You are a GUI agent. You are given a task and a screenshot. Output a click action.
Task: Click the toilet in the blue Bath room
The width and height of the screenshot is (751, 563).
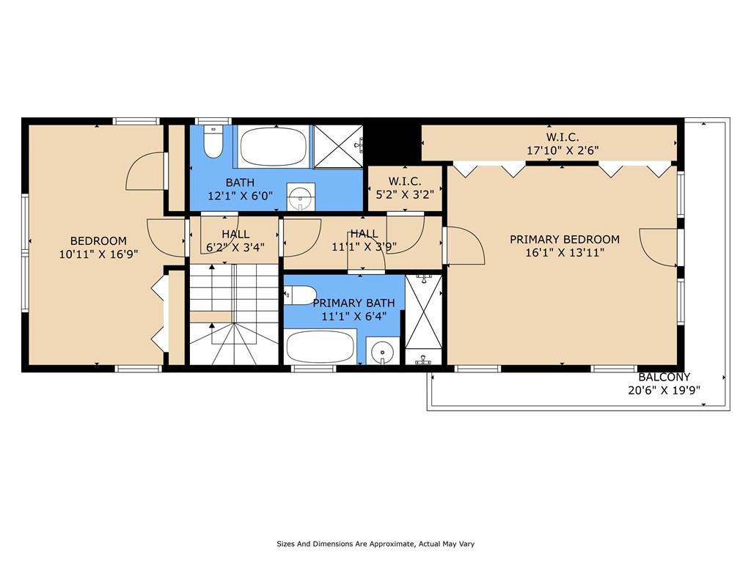pyautogui.click(x=213, y=141)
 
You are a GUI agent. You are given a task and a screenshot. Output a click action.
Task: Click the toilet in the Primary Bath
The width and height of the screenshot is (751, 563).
pyautogui.click(x=300, y=295)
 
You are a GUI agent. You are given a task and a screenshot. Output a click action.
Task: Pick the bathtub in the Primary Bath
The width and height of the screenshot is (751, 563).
pyautogui.click(x=320, y=347)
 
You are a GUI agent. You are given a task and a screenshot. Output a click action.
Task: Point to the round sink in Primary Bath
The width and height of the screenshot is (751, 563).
pyautogui.click(x=382, y=352)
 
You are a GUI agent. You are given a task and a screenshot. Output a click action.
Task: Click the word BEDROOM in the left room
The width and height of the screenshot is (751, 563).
pyautogui.click(x=99, y=240)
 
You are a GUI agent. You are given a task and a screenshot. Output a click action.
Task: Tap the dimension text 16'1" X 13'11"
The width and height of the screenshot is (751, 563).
pyautogui.click(x=565, y=252)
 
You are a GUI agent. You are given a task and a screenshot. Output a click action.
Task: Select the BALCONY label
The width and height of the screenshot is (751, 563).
pyautogui.click(x=664, y=377)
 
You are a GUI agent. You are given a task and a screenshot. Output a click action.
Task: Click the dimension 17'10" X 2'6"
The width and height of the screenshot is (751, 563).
pyautogui.click(x=563, y=150)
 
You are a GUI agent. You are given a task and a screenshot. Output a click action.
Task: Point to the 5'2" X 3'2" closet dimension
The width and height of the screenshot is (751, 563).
pyautogui.click(x=405, y=194)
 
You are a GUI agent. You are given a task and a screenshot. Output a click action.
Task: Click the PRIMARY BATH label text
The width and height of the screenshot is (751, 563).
pyautogui.click(x=354, y=303)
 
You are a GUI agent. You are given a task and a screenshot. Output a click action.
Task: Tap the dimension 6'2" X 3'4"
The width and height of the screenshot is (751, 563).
pyautogui.click(x=235, y=247)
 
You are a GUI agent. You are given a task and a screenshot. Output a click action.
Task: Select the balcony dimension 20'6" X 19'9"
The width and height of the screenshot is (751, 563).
pyautogui.click(x=664, y=390)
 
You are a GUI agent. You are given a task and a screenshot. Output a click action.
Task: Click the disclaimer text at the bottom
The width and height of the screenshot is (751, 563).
pyautogui.click(x=375, y=544)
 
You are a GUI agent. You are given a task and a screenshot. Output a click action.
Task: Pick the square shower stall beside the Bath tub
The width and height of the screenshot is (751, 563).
pyautogui.click(x=338, y=147)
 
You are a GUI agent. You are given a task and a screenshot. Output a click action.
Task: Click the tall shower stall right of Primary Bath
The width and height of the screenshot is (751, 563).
pyautogui.click(x=424, y=320)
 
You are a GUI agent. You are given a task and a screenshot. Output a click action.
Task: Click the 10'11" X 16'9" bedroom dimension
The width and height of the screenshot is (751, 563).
pyautogui.click(x=99, y=254)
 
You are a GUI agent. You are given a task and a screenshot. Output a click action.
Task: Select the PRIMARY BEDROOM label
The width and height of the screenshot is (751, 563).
pyautogui.click(x=565, y=240)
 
